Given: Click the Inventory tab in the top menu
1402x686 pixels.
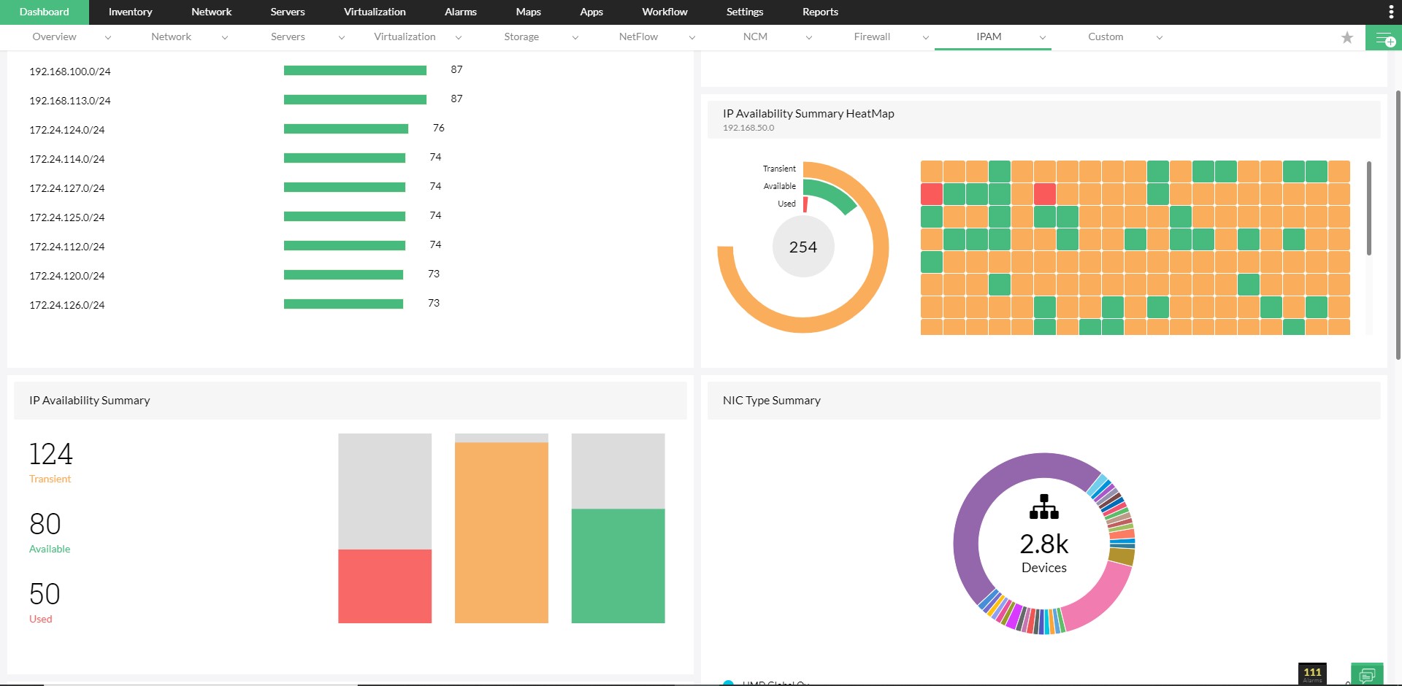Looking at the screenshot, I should (130, 12).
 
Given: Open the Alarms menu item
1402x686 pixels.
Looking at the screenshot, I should (460, 12).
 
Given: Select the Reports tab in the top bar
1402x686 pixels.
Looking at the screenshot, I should (820, 12).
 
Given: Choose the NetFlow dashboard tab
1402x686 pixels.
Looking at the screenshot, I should (638, 36).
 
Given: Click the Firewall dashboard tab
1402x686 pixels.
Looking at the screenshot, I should (872, 36).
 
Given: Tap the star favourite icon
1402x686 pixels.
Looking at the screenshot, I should (1347, 37).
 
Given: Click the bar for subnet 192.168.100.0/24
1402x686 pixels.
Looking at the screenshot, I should (355, 71).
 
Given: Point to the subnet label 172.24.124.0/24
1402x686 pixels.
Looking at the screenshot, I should (67, 130).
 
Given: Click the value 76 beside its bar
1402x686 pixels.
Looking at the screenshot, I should (438, 128).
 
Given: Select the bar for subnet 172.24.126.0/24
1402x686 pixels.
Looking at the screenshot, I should (343, 304).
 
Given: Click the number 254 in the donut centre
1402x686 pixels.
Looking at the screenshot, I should (803, 247).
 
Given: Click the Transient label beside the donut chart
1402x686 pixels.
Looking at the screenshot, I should (779, 169).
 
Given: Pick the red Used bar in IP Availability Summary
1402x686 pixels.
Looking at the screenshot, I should (385, 586).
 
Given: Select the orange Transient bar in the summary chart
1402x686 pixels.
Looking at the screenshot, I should (501, 533).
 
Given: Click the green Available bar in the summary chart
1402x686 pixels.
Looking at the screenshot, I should (618, 566).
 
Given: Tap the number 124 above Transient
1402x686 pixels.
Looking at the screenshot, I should (50, 454).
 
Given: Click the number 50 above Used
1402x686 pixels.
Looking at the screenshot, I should (45, 594).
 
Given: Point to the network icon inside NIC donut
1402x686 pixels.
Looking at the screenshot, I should (1044, 507).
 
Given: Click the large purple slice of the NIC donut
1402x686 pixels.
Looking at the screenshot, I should (971, 525).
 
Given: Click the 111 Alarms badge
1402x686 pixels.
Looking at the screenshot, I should (1312, 674).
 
